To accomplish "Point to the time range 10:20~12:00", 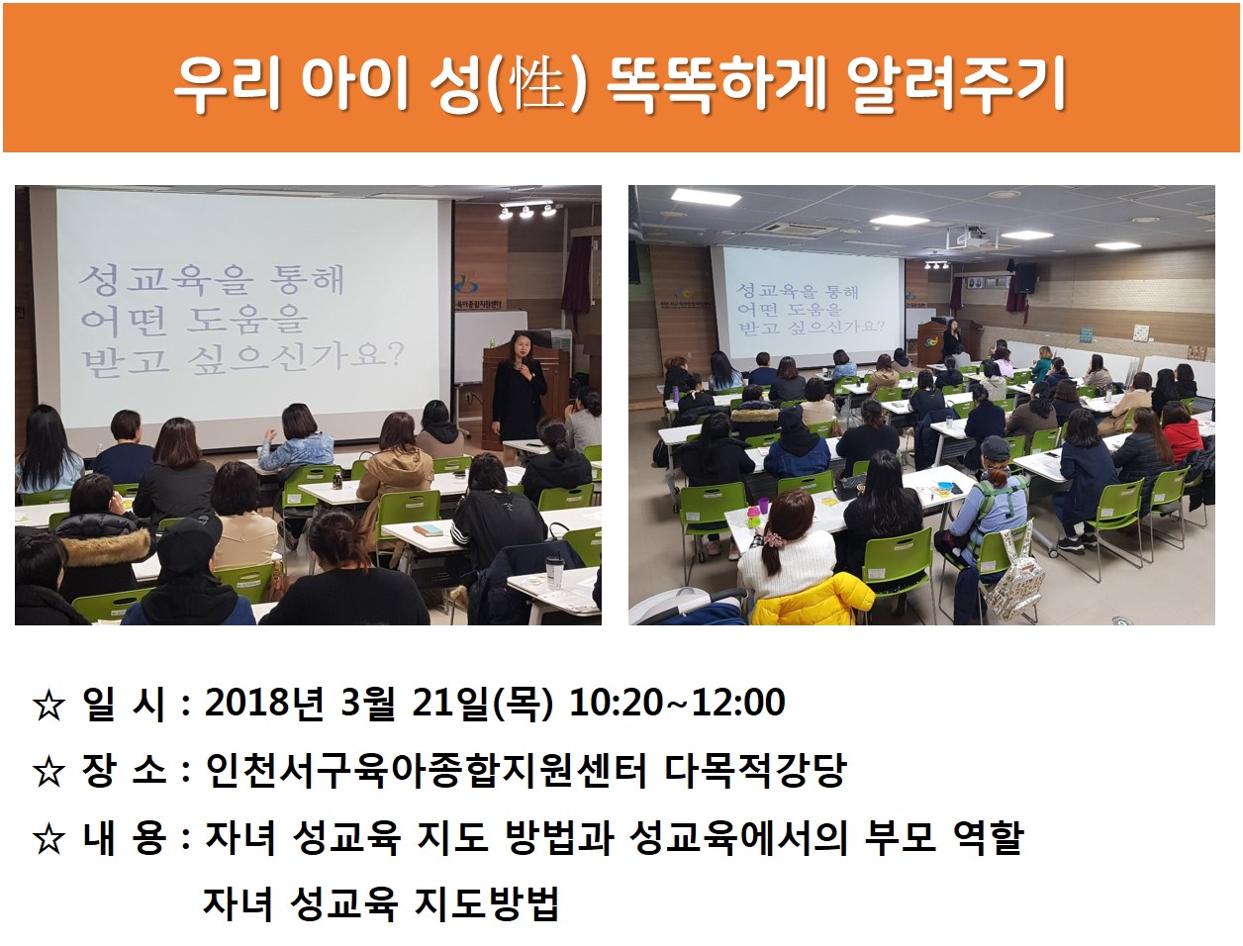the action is point(677,703).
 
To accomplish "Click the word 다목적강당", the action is point(755,770).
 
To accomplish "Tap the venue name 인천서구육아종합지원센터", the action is point(426,770).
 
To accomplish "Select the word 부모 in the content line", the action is point(900,837).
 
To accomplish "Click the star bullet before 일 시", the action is point(48,705).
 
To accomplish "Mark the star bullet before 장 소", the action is point(48,772).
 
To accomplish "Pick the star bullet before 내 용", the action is point(48,839).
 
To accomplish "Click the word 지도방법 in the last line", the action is point(487,903).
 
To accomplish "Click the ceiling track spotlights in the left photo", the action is point(527,209).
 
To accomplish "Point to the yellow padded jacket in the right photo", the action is point(813,599).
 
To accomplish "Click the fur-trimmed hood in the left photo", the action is point(104,544).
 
